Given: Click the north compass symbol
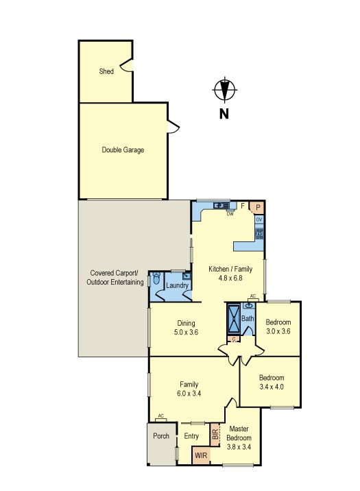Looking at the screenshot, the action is [224, 90].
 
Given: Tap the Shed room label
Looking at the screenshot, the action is [106, 71].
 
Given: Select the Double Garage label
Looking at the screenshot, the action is [123, 150].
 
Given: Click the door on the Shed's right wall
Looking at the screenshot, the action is [127, 65].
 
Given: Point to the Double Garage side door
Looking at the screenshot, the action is [173, 126].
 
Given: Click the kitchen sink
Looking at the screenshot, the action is [221, 206].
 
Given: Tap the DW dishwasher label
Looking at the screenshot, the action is [230, 215].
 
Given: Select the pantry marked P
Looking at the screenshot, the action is [257, 207].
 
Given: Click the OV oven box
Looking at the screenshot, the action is [259, 220].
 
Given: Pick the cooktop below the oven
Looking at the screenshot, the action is [259, 234].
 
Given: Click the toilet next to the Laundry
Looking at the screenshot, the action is [156, 278].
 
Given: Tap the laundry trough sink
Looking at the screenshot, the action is [187, 276].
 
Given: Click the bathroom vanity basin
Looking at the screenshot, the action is [250, 306].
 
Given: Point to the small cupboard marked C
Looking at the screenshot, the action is [234, 339].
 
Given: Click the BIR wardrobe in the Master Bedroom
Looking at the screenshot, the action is [215, 435].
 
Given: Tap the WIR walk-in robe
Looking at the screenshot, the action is [201, 455].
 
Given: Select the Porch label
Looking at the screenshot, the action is [161, 436].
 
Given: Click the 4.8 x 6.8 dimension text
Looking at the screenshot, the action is [230, 278].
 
